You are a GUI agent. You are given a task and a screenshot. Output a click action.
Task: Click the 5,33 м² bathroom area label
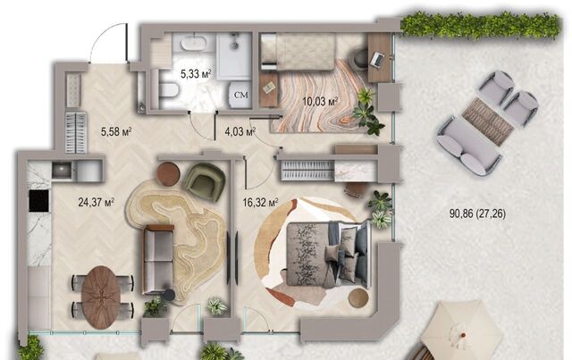[196, 74]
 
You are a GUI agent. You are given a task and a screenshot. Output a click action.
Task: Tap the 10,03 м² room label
[320, 101]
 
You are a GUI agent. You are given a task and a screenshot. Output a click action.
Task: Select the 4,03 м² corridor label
[240, 131]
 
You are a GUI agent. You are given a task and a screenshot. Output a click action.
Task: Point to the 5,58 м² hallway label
[116, 131]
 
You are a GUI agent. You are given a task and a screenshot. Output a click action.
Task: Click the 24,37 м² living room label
[97, 202]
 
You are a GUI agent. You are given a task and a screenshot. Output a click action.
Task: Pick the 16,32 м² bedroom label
[260, 203]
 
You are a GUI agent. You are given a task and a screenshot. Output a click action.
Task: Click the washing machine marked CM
[240, 95]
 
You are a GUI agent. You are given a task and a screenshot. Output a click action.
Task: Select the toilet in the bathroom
[168, 90]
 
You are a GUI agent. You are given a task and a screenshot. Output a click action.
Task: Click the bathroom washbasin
[194, 42]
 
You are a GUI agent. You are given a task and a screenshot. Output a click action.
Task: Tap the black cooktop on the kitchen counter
[39, 201]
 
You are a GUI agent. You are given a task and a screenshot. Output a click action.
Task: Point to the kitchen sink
[62, 170]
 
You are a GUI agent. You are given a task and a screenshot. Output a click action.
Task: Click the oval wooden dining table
[101, 293]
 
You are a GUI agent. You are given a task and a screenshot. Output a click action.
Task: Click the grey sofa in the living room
[158, 259]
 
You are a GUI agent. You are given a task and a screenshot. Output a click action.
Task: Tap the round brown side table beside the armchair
[168, 173]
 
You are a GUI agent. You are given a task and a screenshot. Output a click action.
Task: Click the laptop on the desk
[377, 59]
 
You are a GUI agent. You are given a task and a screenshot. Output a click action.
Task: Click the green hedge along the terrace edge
[480, 25]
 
